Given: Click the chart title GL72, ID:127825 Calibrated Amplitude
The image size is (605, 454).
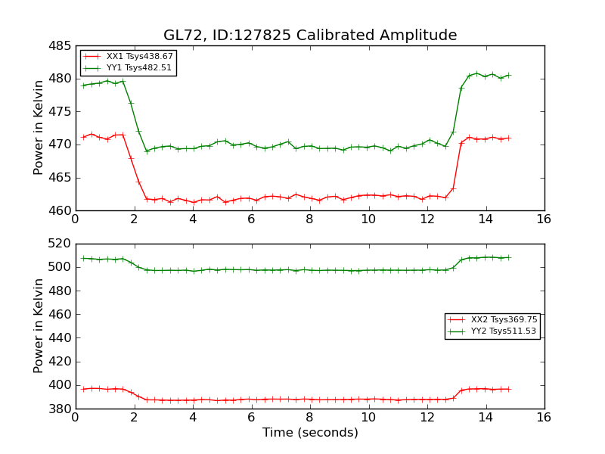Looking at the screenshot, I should [310, 36].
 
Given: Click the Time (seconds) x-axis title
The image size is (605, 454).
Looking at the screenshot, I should [310, 433].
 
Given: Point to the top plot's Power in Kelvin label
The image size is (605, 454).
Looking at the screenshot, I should [39, 128].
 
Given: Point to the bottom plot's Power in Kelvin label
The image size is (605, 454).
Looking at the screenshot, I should [39, 326].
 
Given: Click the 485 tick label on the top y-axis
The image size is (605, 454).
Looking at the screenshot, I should [60, 45].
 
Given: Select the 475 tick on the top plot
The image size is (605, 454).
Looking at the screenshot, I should [60, 111].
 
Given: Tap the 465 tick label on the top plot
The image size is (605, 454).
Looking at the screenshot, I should [60, 178].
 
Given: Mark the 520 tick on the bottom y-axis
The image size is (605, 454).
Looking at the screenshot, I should [60, 244].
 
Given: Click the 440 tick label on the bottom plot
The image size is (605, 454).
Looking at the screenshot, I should [60, 338].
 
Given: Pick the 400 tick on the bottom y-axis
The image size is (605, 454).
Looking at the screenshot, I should [60, 385].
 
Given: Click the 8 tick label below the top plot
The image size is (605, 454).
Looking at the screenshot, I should [310, 219].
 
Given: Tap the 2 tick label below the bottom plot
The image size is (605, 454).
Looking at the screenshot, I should [135, 418].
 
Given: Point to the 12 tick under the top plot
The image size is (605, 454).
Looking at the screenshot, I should [427, 219].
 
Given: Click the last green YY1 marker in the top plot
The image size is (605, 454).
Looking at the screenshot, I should [508, 75].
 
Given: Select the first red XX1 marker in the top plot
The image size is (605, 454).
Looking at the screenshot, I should [83, 137].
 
